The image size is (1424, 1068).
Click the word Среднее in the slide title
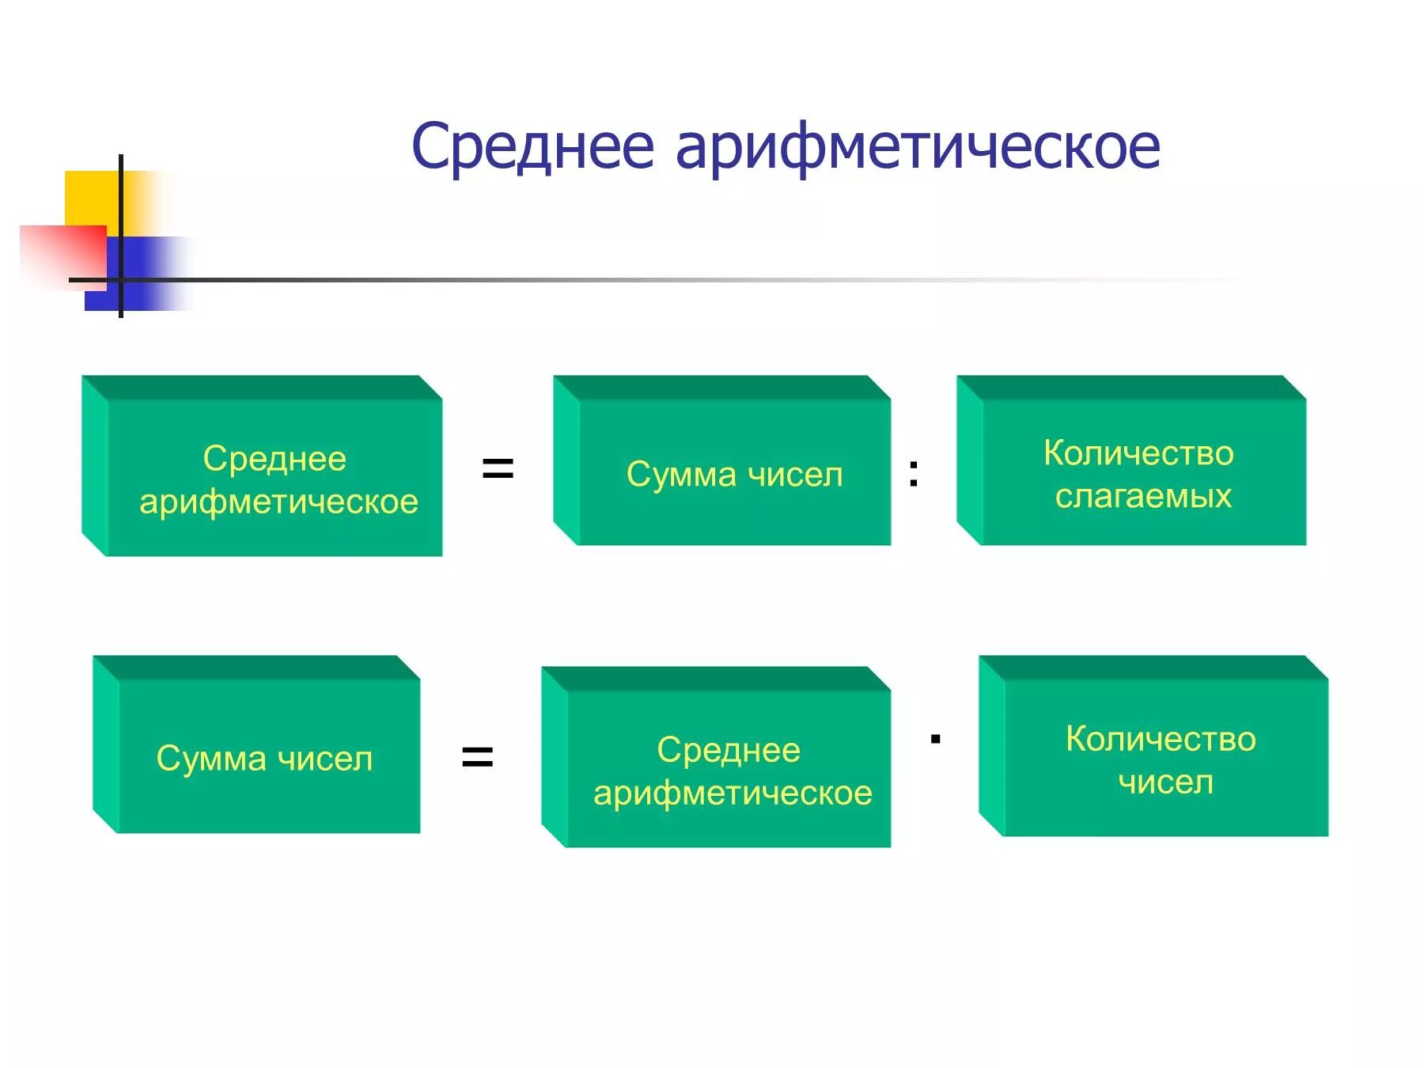pyautogui.click(x=532, y=147)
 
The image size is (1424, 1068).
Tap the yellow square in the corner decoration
pyautogui.click(x=91, y=198)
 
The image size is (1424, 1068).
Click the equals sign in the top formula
pyautogui.click(x=498, y=468)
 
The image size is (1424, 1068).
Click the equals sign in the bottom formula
pyautogui.click(x=477, y=756)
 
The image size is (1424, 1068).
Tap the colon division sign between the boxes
pyautogui.click(x=914, y=473)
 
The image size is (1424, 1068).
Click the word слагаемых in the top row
pyautogui.click(x=1143, y=496)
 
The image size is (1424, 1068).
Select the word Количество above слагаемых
pyautogui.click(x=1138, y=453)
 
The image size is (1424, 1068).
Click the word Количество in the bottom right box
pyautogui.click(x=1161, y=739)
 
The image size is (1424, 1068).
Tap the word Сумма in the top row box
pyautogui.click(x=681, y=475)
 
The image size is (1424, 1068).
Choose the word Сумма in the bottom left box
pyautogui.click(x=211, y=758)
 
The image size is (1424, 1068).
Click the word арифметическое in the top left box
pyautogui.click(x=278, y=502)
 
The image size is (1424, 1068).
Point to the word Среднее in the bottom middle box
pyautogui.click(x=728, y=750)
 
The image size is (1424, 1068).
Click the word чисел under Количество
pyautogui.click(x=1165, y=782)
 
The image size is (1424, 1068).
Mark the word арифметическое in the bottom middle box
pyautogui.click(x=733, y=793)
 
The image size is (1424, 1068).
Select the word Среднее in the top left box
pyautogui.click(x=275, y=459)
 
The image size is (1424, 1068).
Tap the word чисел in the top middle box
pyautogui.click(x=795, y=475)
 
